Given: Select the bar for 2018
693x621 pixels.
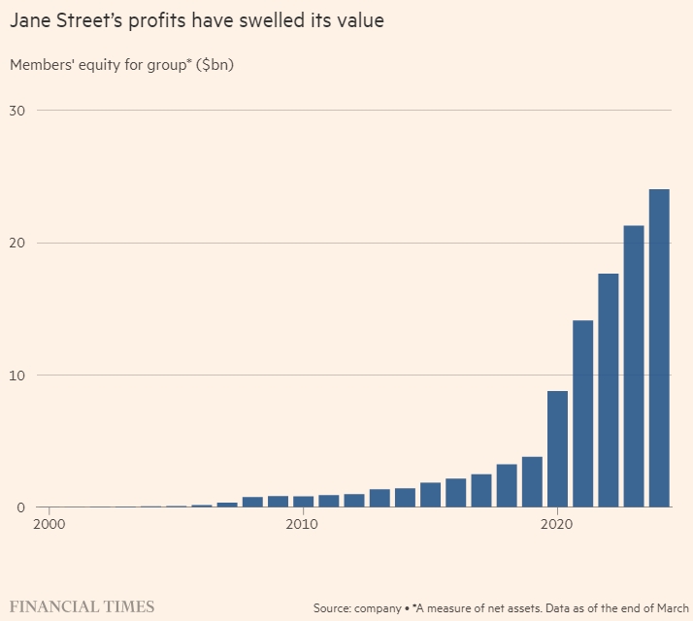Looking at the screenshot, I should click(x=507, y=486).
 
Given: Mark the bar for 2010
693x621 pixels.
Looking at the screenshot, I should click(x=304, y=502).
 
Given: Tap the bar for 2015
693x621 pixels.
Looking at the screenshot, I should click(x=431, y=495).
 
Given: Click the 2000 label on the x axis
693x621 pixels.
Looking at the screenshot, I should click(x=50, y=525).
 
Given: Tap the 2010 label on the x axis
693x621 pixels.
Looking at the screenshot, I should click(x=303, y=525).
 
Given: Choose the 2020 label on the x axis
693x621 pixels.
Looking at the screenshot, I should click(x=557, y=525).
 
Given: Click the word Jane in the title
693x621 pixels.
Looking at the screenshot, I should click(x=31, y=19).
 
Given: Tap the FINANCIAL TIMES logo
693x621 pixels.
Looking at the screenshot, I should click(x=82, y=607).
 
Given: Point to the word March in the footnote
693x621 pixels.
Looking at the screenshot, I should click(x=669, y=608).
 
